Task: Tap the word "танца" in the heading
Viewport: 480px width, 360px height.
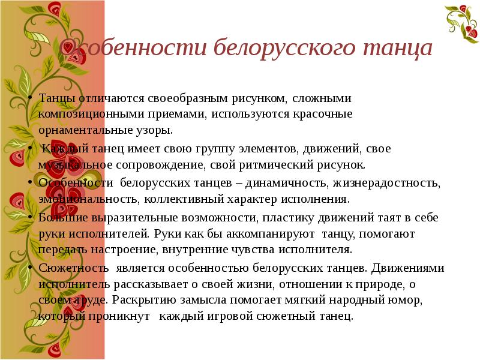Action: tap(392, 48)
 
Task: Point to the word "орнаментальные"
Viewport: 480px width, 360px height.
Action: tap(79, 130)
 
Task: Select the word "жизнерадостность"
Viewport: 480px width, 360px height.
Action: tap(374, 182)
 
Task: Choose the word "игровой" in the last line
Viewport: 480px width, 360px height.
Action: tap(236, 316)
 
